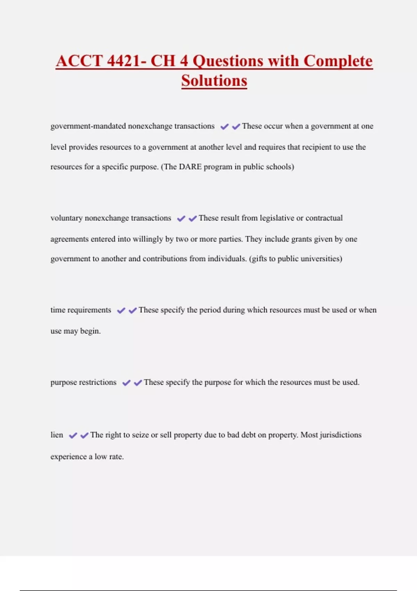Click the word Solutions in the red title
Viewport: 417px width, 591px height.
tap(214, 81)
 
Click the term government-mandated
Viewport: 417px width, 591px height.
tap(88, 126)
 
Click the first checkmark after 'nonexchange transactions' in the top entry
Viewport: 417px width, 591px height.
tap(224, 127)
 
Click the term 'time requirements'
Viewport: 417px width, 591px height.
tap(81, 310)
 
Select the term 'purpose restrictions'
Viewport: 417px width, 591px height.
tap(83, 382)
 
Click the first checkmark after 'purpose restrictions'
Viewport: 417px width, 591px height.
tap(126, 383)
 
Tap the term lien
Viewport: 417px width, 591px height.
tap(57, 435)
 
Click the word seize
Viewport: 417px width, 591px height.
tap(140, 435)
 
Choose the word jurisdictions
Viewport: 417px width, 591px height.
tap(341, 435)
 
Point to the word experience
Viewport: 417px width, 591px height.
tap(68, 457)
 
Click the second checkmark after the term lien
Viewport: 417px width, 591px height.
tap(84, 435)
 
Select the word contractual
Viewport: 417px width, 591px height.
tap(324, 218)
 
